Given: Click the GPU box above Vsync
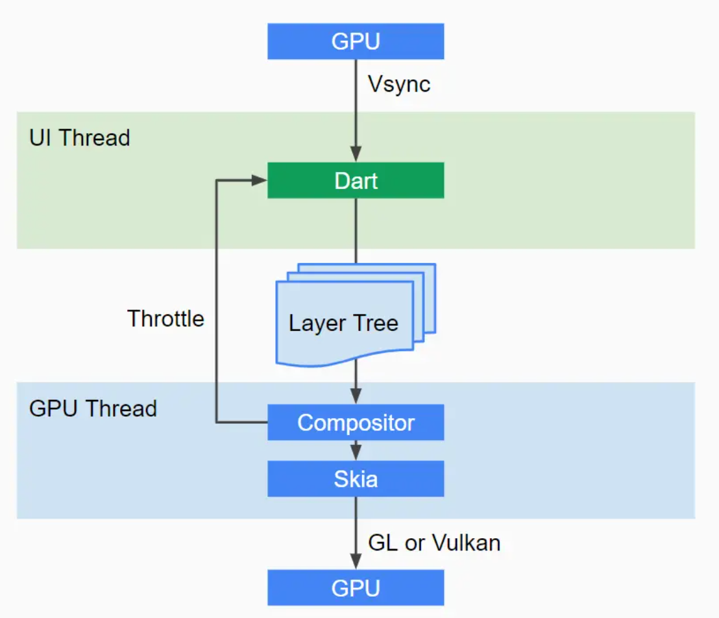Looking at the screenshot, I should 356,42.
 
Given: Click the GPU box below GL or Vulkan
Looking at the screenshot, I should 356,587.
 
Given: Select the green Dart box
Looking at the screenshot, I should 356,180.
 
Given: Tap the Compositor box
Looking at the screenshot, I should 356,423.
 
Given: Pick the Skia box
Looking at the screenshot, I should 356,479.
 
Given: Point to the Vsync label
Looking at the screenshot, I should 399,84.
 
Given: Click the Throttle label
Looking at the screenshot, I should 165,319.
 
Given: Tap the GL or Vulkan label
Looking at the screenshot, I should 434,543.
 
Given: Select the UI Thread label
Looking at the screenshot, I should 80,138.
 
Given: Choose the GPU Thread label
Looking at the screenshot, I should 93,408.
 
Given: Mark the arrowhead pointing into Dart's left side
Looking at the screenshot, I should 260,180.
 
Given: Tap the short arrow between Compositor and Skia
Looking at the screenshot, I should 356,451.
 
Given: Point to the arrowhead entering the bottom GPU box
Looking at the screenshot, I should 356,562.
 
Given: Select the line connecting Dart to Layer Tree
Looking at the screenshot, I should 356,230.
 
